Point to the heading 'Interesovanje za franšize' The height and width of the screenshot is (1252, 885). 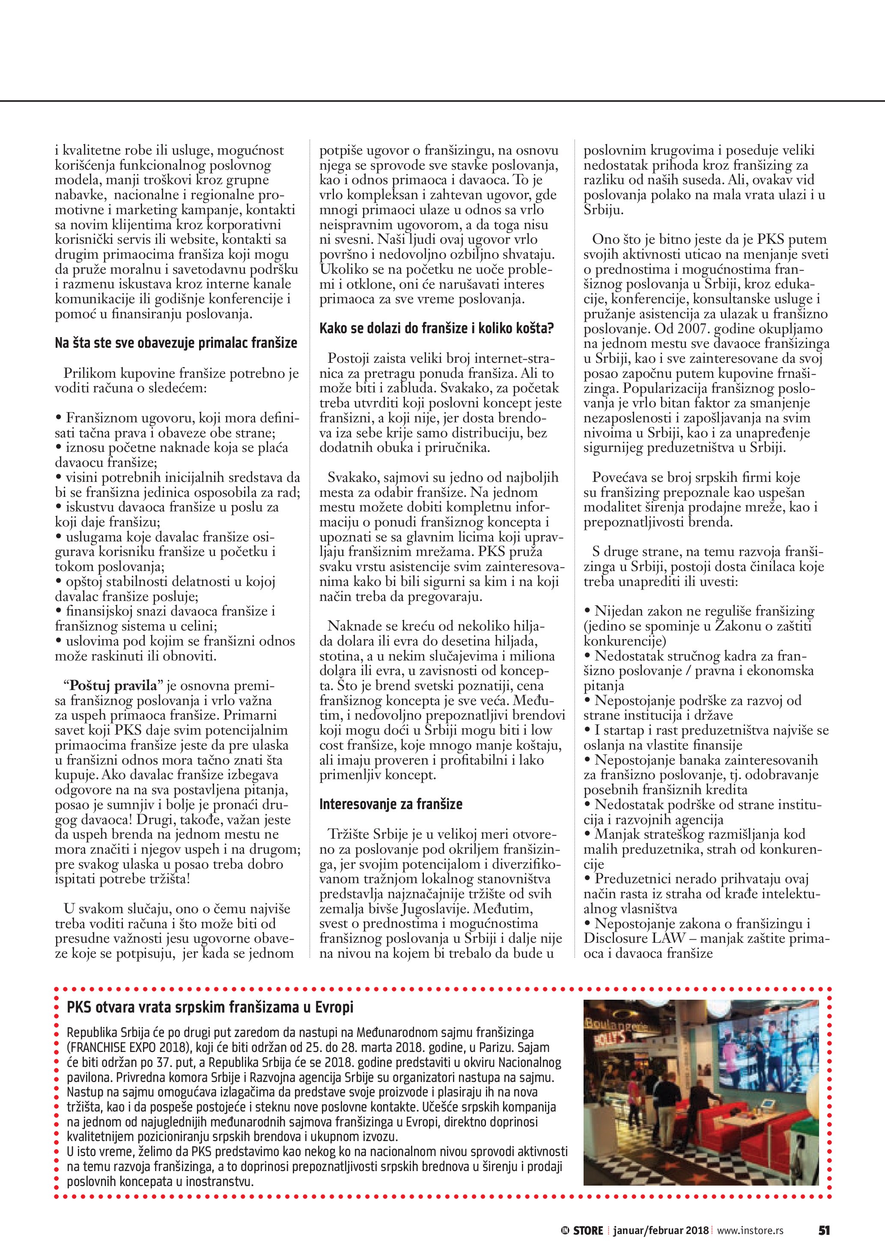click(x=391, y=804)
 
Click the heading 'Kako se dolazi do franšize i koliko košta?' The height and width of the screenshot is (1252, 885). click(x=436, y=328)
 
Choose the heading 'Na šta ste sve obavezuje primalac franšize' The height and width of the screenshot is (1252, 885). click(x=176, y=343)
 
